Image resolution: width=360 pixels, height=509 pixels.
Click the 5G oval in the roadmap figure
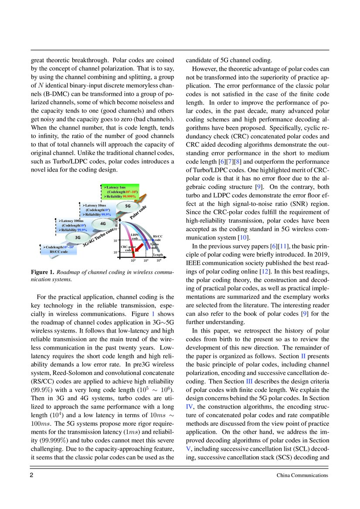click(x=128, y=206)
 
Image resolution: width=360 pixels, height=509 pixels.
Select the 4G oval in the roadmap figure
click(x=103, y=223)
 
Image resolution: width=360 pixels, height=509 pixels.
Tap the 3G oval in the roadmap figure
click(x=78, y=238)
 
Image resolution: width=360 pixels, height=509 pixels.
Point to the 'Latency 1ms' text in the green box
click(x=117, y=187)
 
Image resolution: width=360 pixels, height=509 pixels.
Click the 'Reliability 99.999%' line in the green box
click(x=120, y=196)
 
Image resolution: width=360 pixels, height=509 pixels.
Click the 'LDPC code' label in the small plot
click(x=135, y=236)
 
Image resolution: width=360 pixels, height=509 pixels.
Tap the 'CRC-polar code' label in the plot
click(x=127, y=249)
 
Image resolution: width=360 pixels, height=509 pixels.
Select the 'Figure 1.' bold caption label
click(x=42, y=272)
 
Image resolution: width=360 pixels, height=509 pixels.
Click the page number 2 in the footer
click(x=32, y=475)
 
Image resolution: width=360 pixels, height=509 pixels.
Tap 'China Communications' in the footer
click(x=302, y=475)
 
